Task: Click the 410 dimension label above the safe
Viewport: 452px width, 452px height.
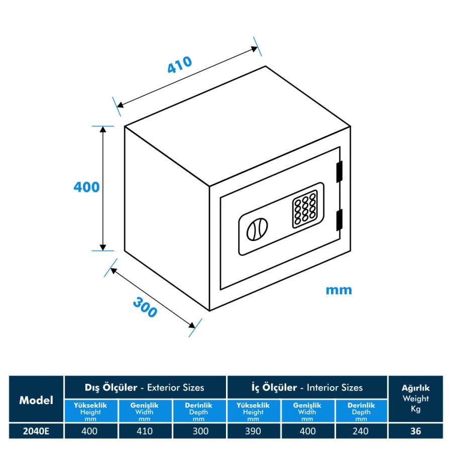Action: tap(180, 66)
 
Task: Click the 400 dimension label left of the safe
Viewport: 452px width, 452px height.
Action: tap(86, 187)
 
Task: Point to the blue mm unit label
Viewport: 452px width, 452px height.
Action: tap(338, 290)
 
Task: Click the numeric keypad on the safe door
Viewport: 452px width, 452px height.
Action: tap(305, 209)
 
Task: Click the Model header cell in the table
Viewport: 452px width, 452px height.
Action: tap(36, 400)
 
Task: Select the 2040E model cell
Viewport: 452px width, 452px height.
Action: tap(36, 431)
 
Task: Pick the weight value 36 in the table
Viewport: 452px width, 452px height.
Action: tap(415, 431)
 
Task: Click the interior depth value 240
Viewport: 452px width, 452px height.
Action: tap(361, 431)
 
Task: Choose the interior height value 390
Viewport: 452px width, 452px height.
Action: tap(253, 431)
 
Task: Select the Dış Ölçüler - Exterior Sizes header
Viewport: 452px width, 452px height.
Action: tap(145, 387)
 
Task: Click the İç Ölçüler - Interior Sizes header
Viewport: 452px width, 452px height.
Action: tap(307, 387)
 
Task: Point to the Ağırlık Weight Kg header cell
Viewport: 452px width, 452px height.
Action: tap(415, 399)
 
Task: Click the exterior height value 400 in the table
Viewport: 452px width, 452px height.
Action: tap(90, 431)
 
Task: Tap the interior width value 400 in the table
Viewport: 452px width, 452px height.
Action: tap(307, 431)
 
